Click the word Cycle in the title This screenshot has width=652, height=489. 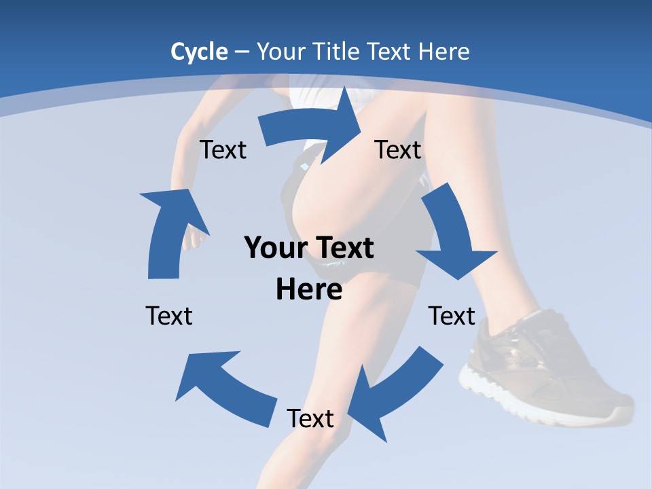(199, 52)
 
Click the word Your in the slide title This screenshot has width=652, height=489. (280, 52)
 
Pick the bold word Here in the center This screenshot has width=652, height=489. (308, 289)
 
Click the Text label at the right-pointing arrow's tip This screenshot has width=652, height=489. (398, 149)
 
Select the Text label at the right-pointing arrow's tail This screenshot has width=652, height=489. (223, 149)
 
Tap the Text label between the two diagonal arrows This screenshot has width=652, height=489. (310, 418)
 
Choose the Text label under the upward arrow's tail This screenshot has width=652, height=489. (169, 316)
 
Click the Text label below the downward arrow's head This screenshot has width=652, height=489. (452, 316)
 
